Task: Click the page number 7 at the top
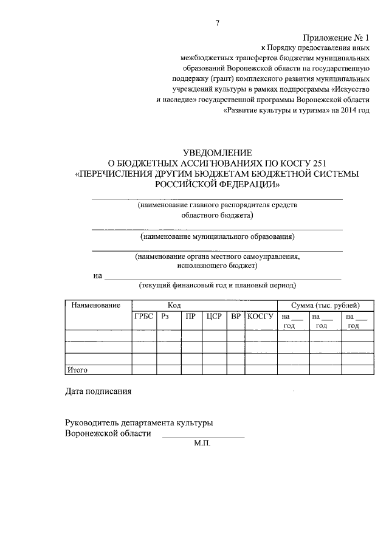click(x=217, y=23)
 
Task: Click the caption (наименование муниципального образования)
click(x=217, y=236)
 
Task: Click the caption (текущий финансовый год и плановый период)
click(x=217, y=285)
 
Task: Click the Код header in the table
click(x=174, y=305)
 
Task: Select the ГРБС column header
click(x=144, y=316)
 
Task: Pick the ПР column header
click(x=190, y=316)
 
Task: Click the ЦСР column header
click(x=213, y=316)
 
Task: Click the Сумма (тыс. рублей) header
click(x=325, y=305)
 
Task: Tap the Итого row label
click(x=77, y=370)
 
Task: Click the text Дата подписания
click(x=98, y=391)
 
